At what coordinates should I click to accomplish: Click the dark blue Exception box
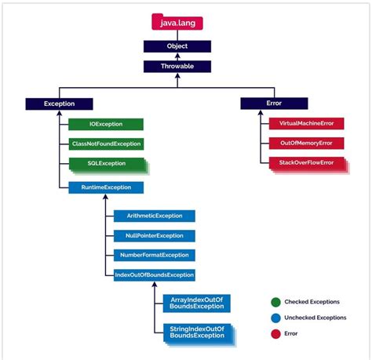click(x=59, y=104)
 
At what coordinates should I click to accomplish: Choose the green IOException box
click(x=105, y=124)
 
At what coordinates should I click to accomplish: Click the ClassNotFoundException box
click(x=105, y=144)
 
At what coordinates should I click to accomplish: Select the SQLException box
click(x=105, y=164)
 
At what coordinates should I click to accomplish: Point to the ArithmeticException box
click(x=154, y=216)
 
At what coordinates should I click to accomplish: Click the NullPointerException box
click(x=154, y=235)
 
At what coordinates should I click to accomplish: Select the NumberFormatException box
click(x=154, y=255)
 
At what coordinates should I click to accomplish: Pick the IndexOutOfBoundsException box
click(x=154, y=275)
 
